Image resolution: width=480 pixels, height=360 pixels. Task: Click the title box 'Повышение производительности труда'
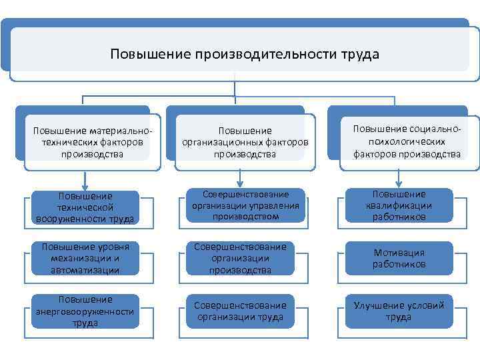pyautogui.click(x=244, y=54)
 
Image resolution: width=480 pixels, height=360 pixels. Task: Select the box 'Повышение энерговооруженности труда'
pyautogui.click(x=85, y=311)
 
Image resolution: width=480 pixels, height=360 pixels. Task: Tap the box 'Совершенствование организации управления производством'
pyautogui.click(x=241, y=205)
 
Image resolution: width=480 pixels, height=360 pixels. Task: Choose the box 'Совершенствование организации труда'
pyautogui.click(x=240, y=311)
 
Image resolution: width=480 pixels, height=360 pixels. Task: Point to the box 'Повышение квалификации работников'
pyautogui.click(x=399, y=205)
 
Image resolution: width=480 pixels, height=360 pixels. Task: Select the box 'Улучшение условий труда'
pyautogui.click(x=399, y=311)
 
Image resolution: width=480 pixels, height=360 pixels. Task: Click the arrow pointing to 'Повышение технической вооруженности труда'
pyautogui.click(x=85, y=180)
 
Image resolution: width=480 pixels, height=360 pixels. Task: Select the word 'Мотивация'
pyautogui.click(x=399, y=253)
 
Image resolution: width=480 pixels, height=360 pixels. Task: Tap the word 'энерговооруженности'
pyautogui.click(x=85, y=311)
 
